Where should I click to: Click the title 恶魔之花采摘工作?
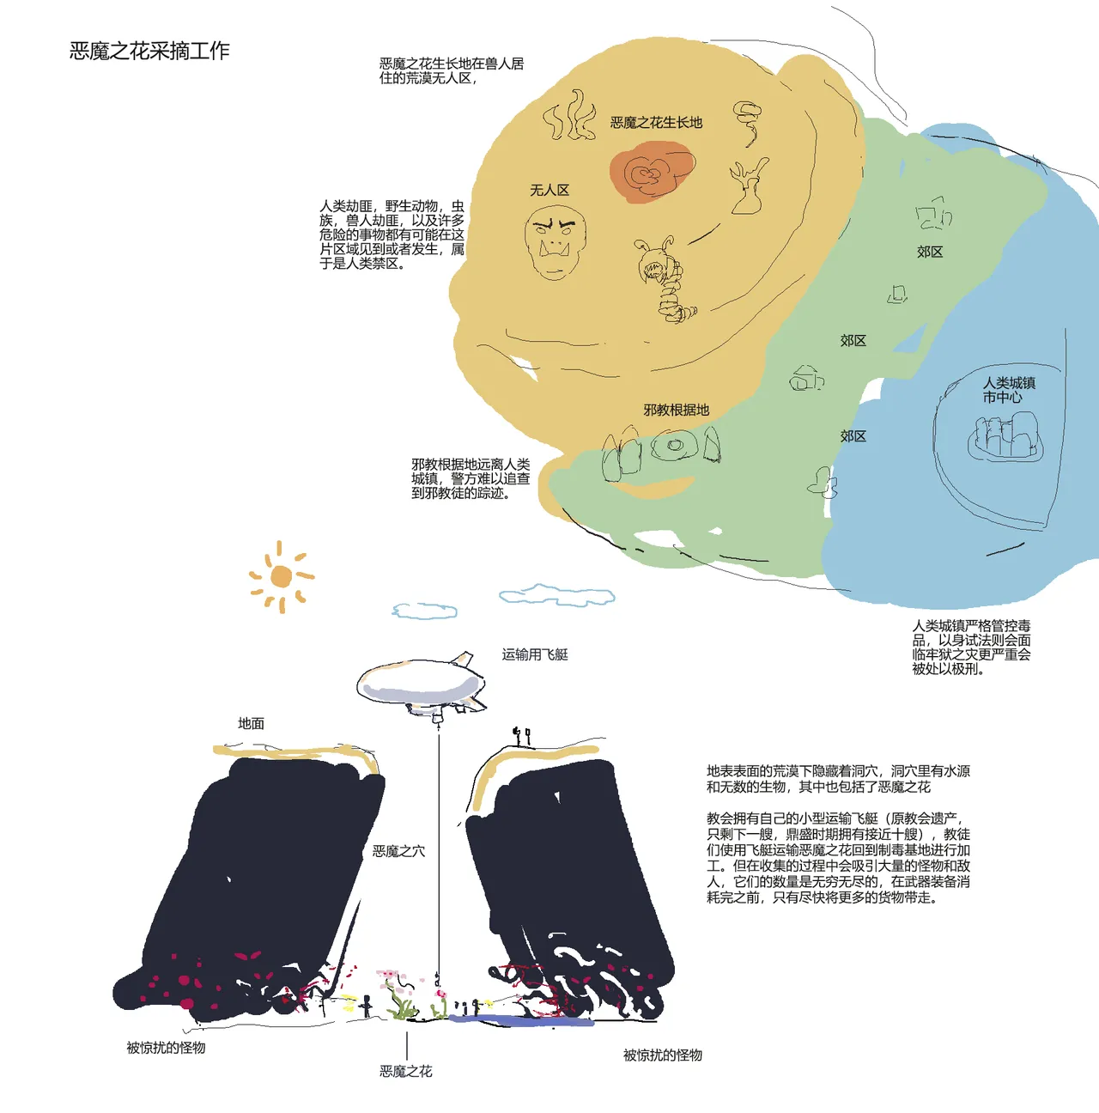coord(149,51)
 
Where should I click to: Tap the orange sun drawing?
coord(282,576)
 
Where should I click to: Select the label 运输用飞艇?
coord(535,654)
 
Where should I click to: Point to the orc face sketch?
coord(556,242)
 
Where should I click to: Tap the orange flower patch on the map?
coord(652,171)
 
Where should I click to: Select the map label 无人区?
coord(549,190)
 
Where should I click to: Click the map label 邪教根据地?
coord(677,411)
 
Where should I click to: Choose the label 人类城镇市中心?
coord(1009,390)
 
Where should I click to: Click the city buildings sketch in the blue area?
coord(1005,436)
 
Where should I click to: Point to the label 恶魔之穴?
coord(399,851)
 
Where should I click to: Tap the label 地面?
coord(252,723)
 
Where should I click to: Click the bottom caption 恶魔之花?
coord(406,1072)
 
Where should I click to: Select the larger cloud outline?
coord(556,595)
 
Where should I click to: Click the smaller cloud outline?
coord(424,611)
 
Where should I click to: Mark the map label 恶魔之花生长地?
coord(656,123)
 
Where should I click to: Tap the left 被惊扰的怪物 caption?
coord(167,1048)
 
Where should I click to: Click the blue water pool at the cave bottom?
coord(519,1020)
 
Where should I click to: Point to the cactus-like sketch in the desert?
coord(749,186)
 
